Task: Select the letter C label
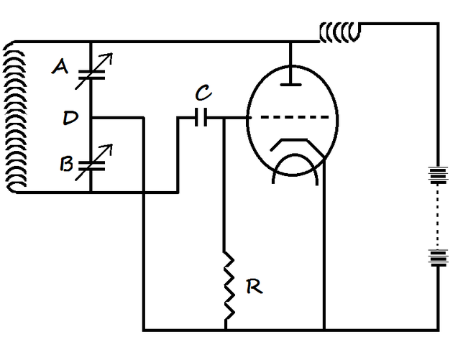click(x=203, y=93)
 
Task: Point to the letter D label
click(x=70, y=116)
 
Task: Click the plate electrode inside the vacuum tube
click(x=291, y=86)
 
